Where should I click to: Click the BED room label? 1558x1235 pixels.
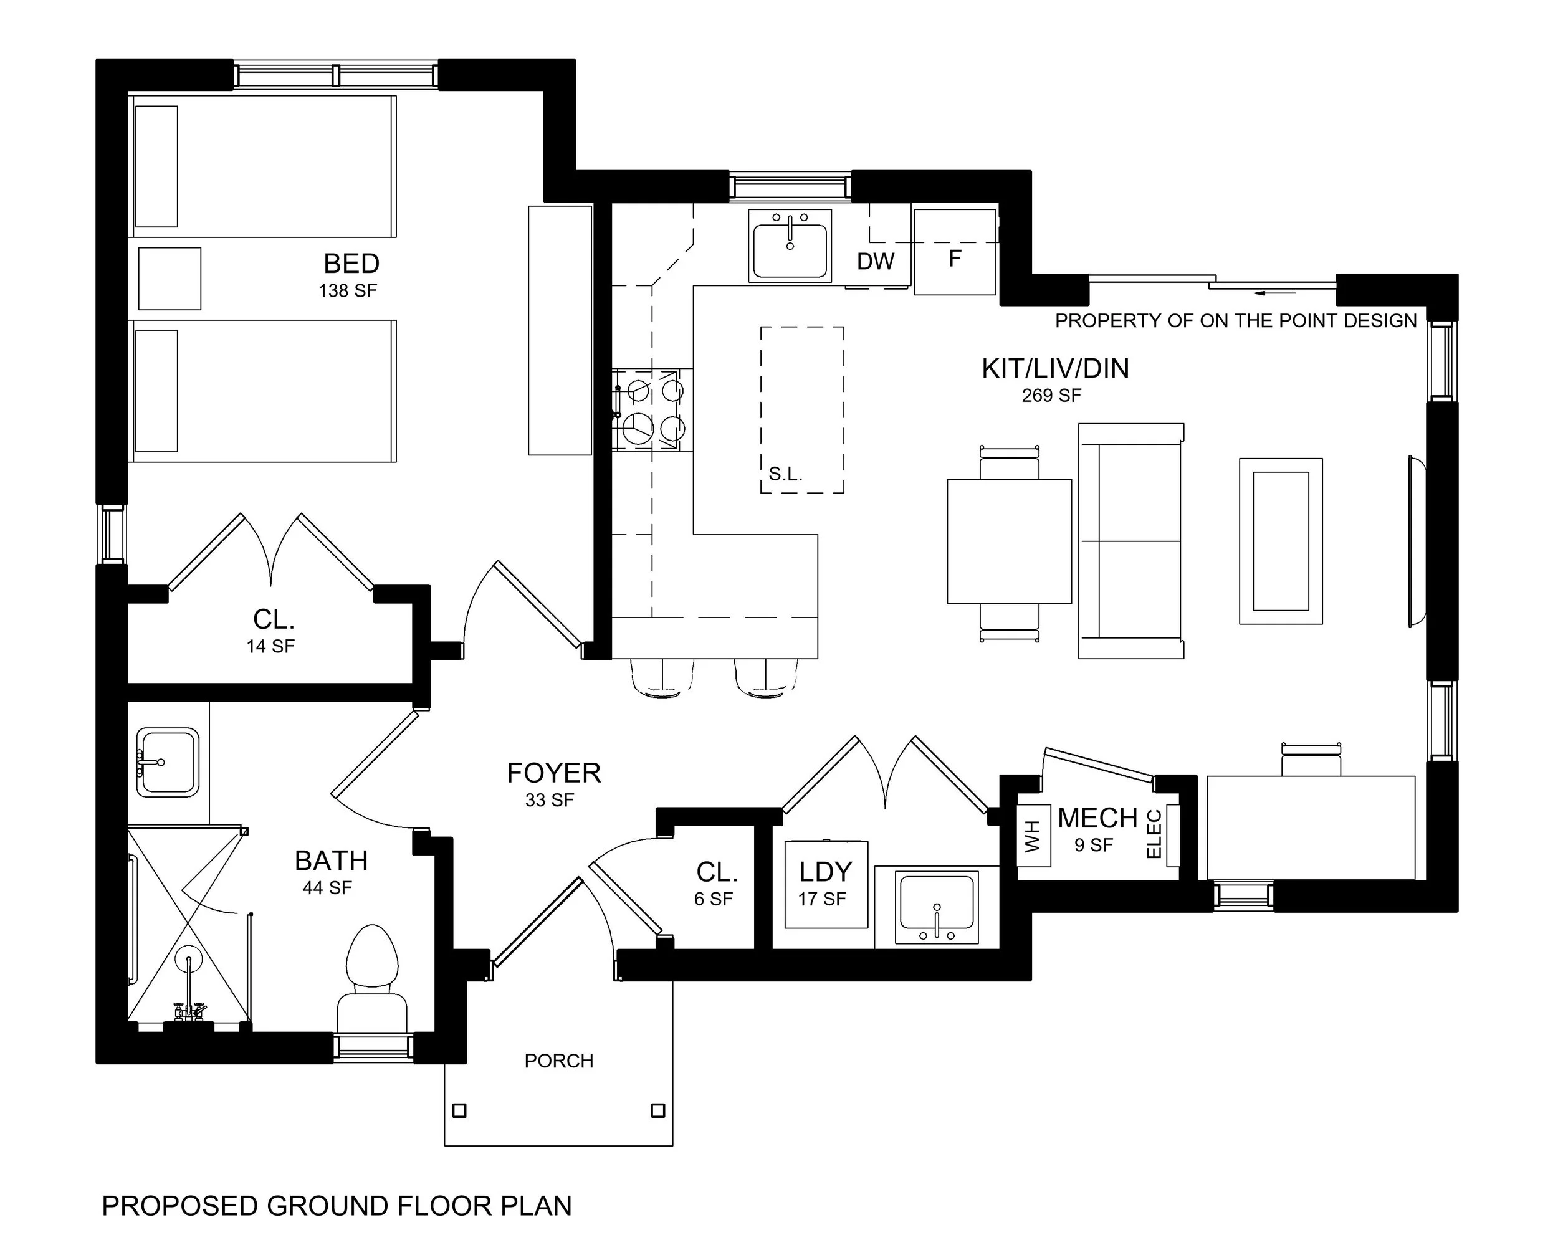click(x=351, y=264)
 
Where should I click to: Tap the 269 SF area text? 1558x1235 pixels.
click(x=1051, y=395)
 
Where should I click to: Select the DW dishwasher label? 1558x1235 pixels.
click(x=875, y=262)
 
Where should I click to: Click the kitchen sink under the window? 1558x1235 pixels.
click(x=790, y=245)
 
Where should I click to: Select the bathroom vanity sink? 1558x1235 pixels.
click(x=168, y=763)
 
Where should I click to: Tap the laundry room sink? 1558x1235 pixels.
click(x=937, y=907)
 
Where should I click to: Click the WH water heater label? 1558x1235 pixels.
click(x=1033, y=836)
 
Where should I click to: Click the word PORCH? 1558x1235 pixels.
click(x=558, y=1061)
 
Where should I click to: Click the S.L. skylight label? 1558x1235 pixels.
click(x=785, y=474)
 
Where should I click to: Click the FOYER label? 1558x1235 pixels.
click(x=553, y=773)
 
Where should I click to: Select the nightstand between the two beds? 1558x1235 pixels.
click(x=170, y=279)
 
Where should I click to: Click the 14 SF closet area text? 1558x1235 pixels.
click(x=270, y=646)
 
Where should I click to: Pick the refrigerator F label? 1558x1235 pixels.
click(x=955, y=258)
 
